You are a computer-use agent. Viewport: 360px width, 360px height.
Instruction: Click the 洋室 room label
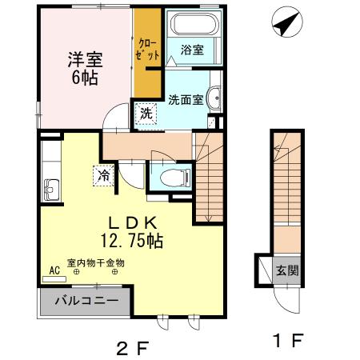(83, 59)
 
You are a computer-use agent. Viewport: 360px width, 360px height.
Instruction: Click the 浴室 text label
(192, 50)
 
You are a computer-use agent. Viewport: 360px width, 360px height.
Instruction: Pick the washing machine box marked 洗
(146, 113)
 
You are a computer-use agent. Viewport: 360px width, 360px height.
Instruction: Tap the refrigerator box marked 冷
(103, 173)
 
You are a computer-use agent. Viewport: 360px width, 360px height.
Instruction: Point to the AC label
(54, 270)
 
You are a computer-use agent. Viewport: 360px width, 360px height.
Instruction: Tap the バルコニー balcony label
(86, 302)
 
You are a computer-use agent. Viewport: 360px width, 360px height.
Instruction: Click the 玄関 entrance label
(287, 270)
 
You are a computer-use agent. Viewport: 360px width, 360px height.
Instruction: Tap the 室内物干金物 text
(96, 262)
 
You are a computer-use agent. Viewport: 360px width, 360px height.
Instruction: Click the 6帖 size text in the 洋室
(83, 78)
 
